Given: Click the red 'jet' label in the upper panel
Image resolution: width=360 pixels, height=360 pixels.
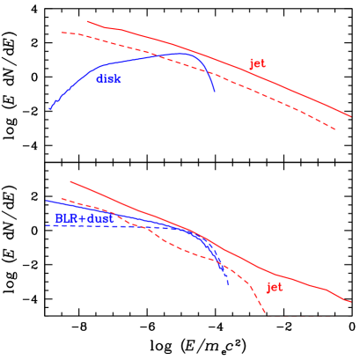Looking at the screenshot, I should click(x=257, y=63).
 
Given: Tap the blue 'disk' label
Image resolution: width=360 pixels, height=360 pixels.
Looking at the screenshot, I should click(x=108, y=79).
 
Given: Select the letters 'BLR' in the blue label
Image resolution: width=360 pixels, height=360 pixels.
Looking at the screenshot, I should click(x=67, y=217).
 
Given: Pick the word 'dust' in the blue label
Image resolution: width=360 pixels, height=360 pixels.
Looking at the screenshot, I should click(x=99, y=217).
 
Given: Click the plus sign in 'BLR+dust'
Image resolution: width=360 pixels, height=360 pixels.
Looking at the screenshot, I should click(x=82, y=217).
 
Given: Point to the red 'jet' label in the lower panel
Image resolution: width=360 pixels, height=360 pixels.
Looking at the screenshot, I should click(x=275, y=287).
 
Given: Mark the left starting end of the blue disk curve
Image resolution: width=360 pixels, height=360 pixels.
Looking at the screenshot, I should click(x=50, y=109).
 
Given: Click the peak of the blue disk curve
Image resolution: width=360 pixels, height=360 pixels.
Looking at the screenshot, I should click(x=183, y=53).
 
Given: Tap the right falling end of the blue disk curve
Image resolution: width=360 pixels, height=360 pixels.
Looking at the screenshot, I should click(x=215, y=92).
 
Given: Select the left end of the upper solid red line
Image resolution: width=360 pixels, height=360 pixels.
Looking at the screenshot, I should click(x=87, y=22).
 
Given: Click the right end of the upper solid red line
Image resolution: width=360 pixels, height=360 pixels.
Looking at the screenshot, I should click(x=350, y=115).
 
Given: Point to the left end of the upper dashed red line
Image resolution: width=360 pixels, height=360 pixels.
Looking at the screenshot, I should click(x=62, y=33).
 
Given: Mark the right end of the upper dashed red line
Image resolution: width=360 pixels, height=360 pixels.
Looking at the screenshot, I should click(x=336, y=129).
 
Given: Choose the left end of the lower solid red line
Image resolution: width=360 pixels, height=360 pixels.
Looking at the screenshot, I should click(x=70, y=181).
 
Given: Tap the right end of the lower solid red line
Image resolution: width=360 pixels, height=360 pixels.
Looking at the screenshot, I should click(x=350, y=302).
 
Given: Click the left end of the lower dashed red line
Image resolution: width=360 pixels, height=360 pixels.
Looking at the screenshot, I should click(x=61, y=199).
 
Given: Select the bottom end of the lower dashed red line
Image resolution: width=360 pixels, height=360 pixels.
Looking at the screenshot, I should click(x=265, y=312).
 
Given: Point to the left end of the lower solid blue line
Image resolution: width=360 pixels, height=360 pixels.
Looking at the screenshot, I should click(x=47, y=201).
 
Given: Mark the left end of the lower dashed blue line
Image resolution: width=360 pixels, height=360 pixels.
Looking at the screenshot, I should click(x=47, y=225).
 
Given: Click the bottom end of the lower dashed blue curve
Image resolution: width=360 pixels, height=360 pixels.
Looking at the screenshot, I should click(x=228, y=285).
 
